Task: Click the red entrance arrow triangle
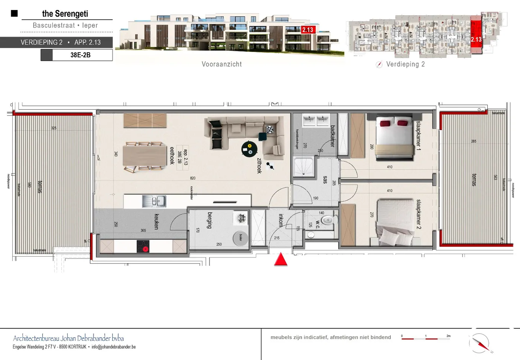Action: (281, 260)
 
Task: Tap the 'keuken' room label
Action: (156, 221)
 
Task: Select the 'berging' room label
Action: (210, 220)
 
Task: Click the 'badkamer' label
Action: (332, 136)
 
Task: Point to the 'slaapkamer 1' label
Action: (419, 136)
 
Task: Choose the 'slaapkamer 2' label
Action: (419, 214)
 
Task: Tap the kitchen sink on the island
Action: (154, 201)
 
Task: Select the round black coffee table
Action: (249, 149)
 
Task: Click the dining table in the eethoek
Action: (144, 156)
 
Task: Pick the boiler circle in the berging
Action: (240, 238)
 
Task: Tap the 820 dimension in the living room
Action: (193, 178)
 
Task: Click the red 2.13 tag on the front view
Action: (308, 30)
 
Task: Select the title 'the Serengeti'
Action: (65, 14)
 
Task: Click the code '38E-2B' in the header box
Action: (81, 55)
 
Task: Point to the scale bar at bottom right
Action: (426, 338)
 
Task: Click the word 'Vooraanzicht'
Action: (222, 64)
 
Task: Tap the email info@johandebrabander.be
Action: (114, 347)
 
